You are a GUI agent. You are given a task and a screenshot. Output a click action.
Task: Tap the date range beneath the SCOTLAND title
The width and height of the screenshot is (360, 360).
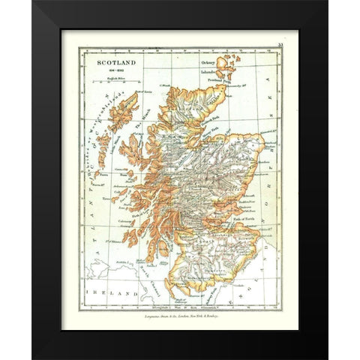tap(105, 62)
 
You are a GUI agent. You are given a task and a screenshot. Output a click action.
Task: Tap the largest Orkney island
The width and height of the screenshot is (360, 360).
tap(225, 64)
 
